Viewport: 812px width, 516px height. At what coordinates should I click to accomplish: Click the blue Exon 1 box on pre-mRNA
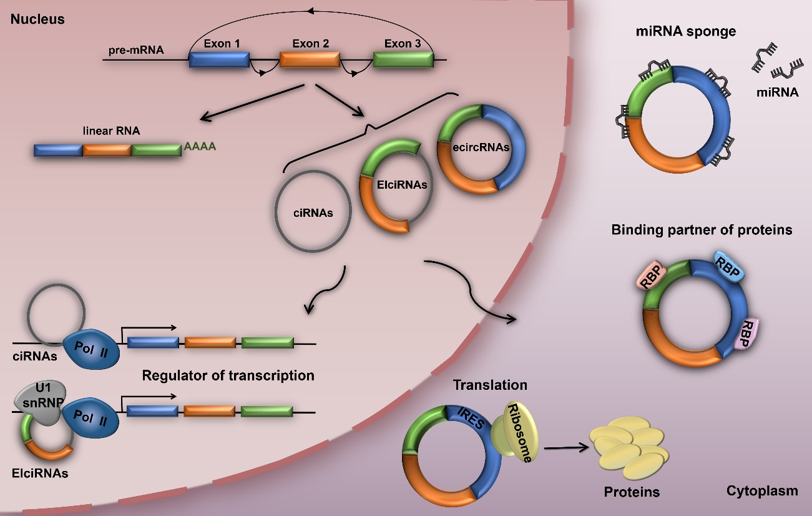219,59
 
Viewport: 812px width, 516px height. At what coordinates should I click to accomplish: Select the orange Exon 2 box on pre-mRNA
310,59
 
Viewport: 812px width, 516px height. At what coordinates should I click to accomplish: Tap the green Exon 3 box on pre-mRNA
403,59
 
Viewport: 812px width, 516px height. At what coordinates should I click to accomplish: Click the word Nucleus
37,19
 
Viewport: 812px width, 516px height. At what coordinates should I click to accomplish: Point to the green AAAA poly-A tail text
200,148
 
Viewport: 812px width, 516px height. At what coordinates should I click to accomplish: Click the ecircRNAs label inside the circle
482,148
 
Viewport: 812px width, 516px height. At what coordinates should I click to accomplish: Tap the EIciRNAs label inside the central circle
393,185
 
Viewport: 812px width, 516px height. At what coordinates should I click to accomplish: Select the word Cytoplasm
761,490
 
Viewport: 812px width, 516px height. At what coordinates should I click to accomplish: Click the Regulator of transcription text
228,375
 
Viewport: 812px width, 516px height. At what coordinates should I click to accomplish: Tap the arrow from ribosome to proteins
567,447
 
